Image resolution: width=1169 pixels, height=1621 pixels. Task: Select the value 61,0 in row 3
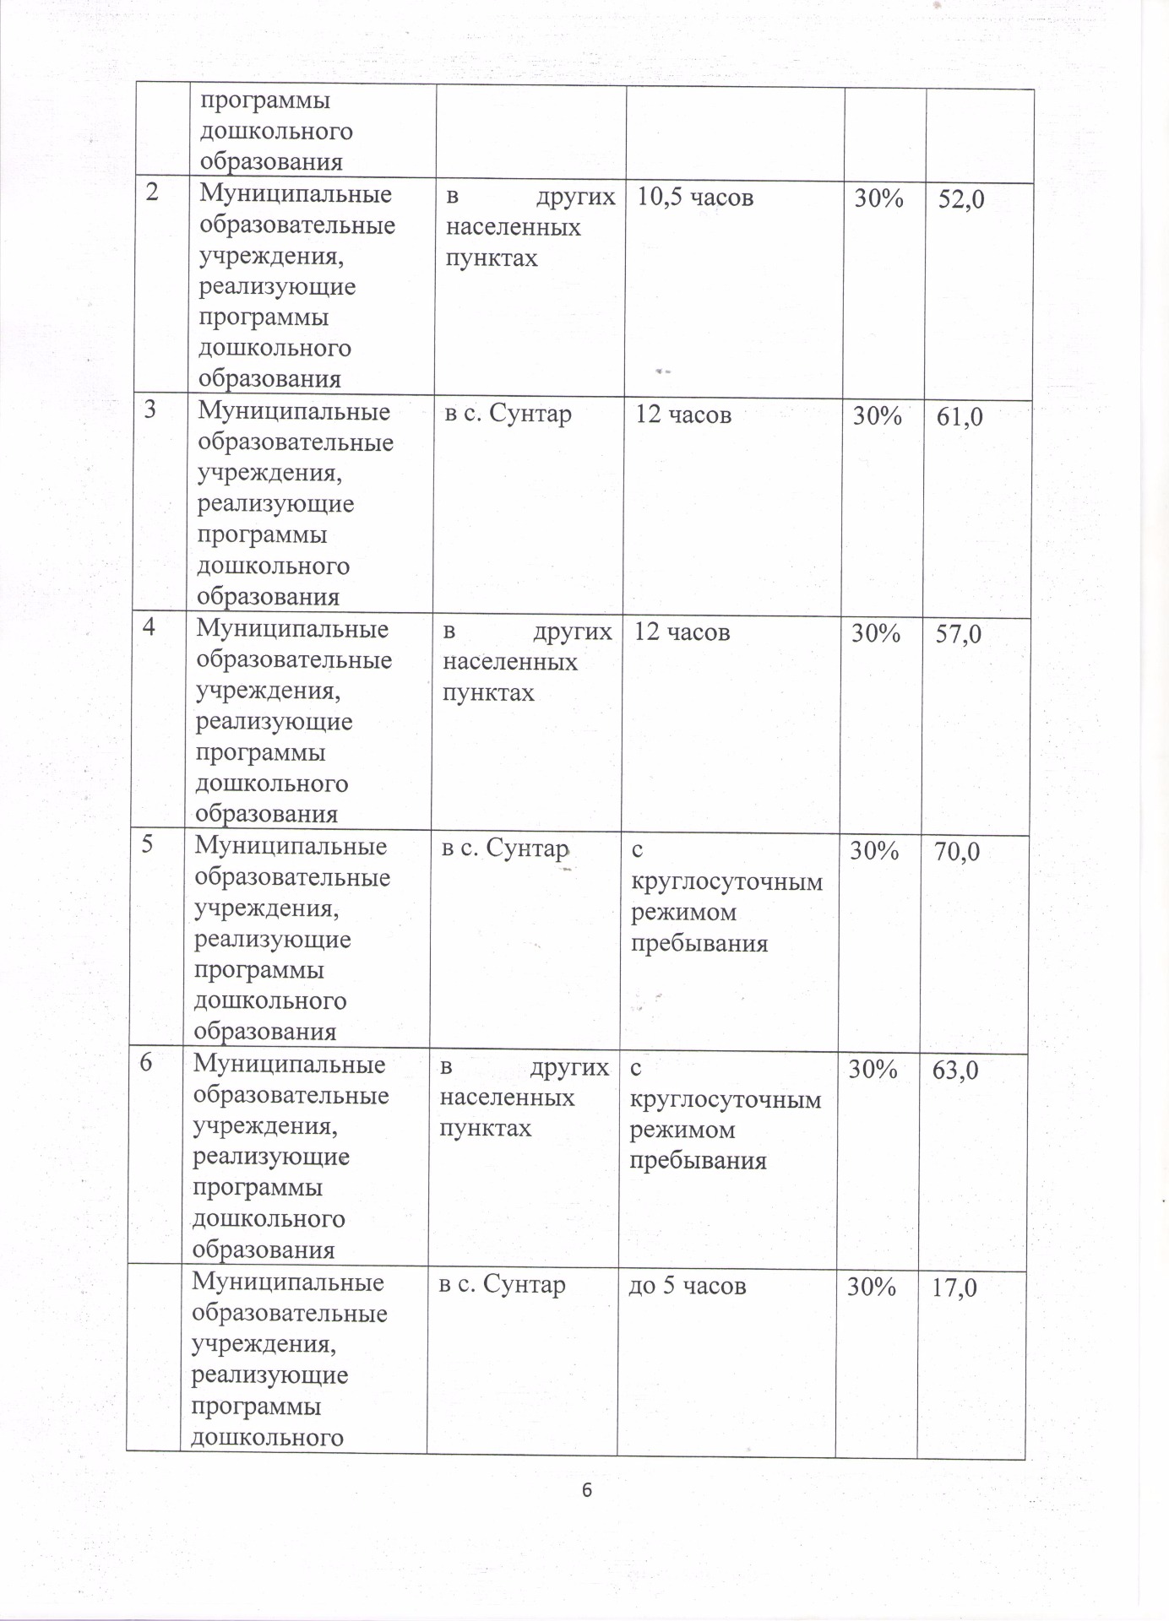[x=960, y=416]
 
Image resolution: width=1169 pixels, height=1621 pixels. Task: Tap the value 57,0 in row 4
[x=959, y=634]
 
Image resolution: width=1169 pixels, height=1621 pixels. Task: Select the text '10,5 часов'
[x=695, y=198]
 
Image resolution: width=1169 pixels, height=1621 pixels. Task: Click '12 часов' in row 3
[x=683, y=415]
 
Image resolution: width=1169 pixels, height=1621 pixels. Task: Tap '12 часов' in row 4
[x=682, y=632]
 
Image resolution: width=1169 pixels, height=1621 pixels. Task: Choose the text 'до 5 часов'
[x=688, y=1309]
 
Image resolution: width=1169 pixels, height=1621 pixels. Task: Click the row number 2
[x=152, y=192]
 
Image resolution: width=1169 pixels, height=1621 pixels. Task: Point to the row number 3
[x=150, y=410]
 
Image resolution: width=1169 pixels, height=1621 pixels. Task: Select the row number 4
[x=149, y=628]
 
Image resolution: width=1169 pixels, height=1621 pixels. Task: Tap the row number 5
[x=147, y=845]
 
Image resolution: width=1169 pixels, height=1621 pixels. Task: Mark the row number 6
[x=146, y=1063]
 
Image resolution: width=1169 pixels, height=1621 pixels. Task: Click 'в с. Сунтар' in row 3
[x=508, y=415]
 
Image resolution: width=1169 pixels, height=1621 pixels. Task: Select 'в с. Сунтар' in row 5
[x=505, y=848]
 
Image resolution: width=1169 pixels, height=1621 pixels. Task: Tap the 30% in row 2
[x=879, y=198]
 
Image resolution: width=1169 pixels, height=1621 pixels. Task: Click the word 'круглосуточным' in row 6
[x=726, y=1100]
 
